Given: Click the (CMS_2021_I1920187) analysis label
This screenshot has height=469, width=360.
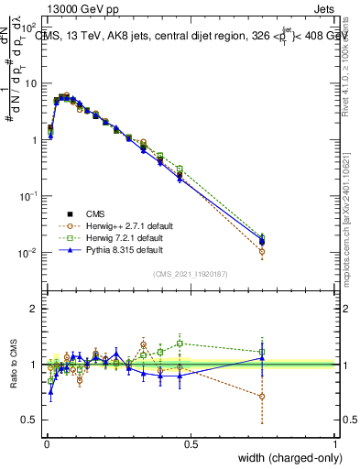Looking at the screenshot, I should (x=191, y=273).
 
